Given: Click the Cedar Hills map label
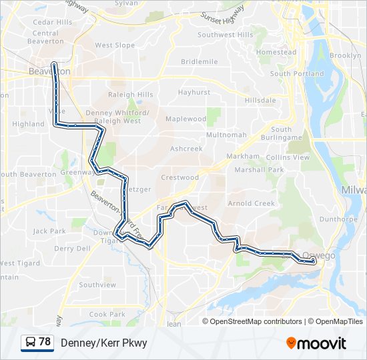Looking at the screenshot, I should pos(52,22).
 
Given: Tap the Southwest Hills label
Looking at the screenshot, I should pos(225,35).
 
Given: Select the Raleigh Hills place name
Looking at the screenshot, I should pos(131,95).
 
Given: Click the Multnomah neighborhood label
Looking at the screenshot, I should pos(226,135).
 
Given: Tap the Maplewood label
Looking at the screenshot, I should pos(186,119).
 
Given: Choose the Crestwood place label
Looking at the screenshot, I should pos(179,178).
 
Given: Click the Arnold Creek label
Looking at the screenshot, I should pos(251,203).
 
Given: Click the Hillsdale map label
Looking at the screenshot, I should pos(260,100).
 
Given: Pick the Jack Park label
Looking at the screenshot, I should pos(49,231).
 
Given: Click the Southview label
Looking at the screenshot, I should pos(97,285).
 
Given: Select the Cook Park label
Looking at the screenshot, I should pos(107,314).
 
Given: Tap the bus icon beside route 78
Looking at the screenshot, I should pos(30,343).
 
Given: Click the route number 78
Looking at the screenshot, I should pos(45,342).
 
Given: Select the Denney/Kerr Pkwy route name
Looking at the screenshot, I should pos(103,343).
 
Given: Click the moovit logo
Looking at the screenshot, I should pos(316,343).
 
